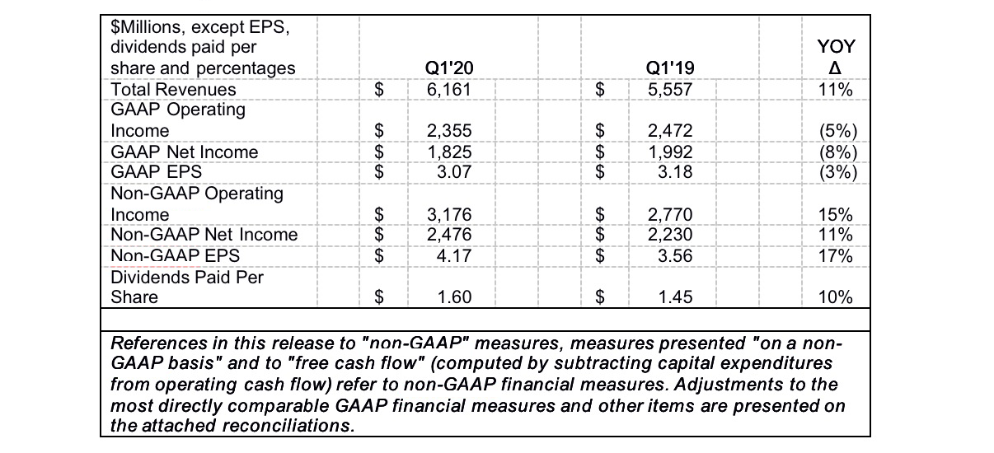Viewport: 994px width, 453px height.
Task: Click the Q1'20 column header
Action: click(448, 68)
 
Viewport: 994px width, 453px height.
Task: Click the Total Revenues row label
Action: click(173, 89)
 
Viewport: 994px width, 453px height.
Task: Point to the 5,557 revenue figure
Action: click(670, 89)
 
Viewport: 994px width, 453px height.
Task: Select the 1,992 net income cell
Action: click(670, 152)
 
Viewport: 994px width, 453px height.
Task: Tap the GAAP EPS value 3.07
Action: click(452, 172)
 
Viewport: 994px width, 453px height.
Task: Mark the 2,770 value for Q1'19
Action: click(670, 214)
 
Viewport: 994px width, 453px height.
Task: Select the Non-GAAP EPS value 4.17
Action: click(452, 255)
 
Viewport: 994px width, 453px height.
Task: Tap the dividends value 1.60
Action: click(452, 297)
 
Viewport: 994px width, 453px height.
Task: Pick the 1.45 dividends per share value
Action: click(674, 297)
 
